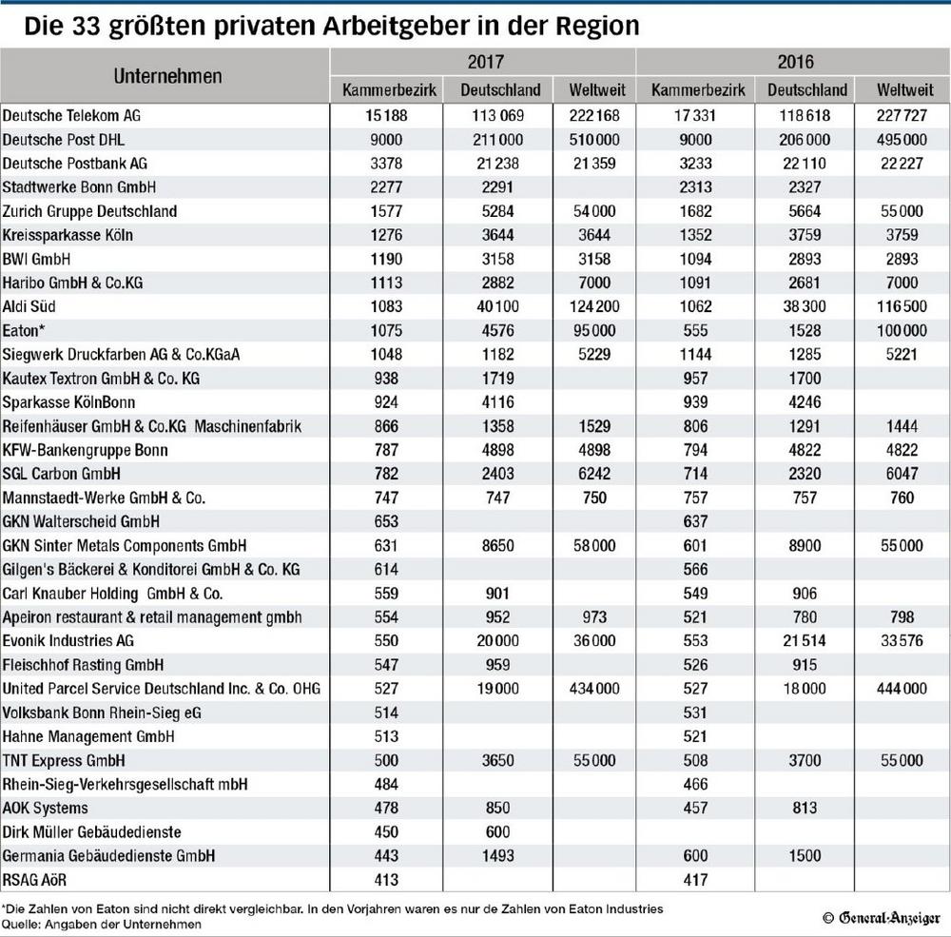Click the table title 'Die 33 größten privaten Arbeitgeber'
247,26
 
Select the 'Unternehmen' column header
168,76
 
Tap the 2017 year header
485,61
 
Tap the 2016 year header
795,61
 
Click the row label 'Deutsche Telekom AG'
71,116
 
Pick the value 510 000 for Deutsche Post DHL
594,140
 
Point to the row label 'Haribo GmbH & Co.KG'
73,283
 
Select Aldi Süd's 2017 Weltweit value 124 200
594,306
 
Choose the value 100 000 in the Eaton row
902,331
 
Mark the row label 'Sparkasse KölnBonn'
68,402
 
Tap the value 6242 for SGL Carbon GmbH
594,474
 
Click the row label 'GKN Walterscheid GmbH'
81,522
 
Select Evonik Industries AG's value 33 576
902,641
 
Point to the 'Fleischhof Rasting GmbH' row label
83,665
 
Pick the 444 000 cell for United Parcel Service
902,689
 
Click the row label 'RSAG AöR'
34,880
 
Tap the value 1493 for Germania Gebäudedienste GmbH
498,856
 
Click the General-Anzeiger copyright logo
882,918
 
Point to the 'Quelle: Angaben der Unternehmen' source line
102,925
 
